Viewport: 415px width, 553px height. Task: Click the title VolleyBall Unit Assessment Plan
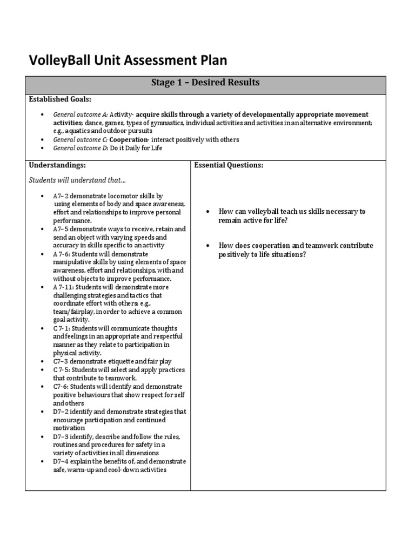coord(128,60)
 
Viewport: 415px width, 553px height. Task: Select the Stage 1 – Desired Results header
coord(205,83)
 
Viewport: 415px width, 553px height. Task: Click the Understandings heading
coord(57,165)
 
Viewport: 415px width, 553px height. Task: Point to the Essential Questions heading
coord(229,165)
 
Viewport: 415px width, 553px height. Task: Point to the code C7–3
coord(61,361)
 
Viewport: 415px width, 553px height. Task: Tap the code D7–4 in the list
coord(61,462)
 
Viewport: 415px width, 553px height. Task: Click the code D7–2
coord(61,412)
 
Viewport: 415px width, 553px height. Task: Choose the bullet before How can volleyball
coord(207,212)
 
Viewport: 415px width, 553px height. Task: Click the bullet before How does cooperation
coord(207,246)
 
